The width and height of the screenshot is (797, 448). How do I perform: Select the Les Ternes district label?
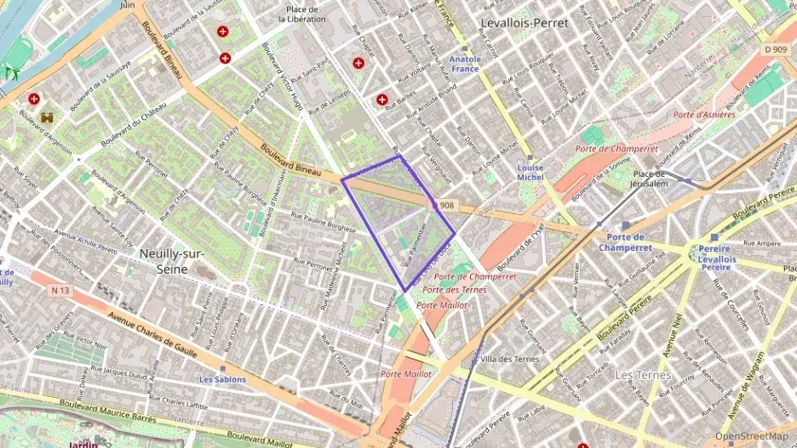click(x=643, y=375)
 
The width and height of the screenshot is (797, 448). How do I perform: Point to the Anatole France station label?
click(x=465, y=65)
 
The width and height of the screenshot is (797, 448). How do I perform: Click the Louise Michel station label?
click(x=530, y=173)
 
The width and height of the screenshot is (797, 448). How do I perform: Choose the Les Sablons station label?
click(x=222, y=379)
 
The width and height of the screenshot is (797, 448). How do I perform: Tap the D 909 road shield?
click(x=775, y=50)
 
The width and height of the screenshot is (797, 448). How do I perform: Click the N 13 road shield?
click(x=59, y=290)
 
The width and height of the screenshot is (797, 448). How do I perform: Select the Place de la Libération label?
click(x=301, y=14)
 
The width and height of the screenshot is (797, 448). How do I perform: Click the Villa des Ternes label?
click(x=510, y=359)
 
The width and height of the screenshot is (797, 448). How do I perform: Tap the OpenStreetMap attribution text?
click(x=751, y=436)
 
